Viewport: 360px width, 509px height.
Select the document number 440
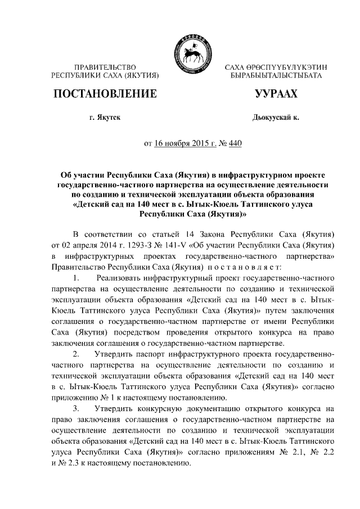click(x=235, y=143)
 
